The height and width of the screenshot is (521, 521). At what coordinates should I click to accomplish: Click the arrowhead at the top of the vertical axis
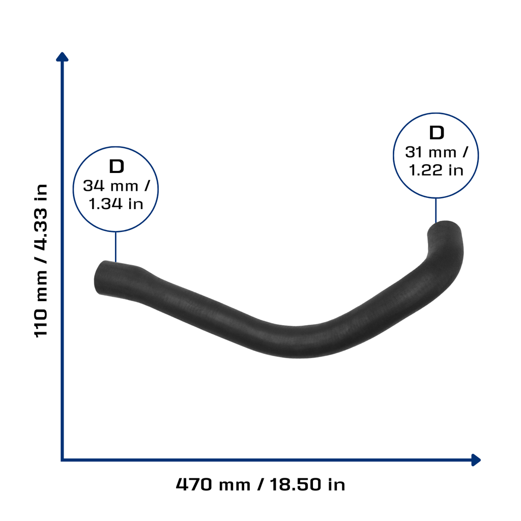[62, 57]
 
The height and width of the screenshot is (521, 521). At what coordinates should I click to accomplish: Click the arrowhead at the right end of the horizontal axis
[476, 460]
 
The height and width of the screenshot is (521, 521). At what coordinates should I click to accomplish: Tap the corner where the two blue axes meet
[62, 460]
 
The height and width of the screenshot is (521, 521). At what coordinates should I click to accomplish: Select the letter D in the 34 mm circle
[117, 166]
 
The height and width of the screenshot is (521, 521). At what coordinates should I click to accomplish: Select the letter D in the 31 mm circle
[437, 133]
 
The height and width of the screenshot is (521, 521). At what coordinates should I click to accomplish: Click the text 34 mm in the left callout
[110, 186]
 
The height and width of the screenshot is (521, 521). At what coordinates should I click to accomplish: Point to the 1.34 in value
[116, 204]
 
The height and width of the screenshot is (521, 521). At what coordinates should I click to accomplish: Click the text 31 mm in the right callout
[430, 153]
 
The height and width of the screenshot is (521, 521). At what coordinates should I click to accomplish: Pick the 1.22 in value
[436, 170]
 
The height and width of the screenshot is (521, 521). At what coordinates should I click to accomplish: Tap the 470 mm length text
[213, 484]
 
